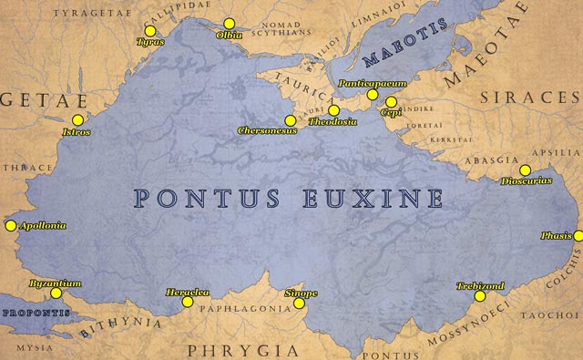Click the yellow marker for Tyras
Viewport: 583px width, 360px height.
pos(150,31)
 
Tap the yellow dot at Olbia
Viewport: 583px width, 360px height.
pos(229,23)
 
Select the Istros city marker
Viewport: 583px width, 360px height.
pos(77,120)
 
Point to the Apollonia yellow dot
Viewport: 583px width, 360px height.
pos(11,225)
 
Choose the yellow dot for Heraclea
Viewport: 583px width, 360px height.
pos(188,302)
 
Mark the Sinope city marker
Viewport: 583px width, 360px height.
pos(299,303)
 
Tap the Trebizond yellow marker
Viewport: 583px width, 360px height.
pos(480,296)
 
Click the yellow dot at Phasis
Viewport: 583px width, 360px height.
pos(578,235)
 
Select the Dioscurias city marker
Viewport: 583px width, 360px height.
pos(525,170)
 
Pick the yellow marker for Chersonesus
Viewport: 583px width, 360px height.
pos(290,119)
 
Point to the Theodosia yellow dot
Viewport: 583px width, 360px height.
pos(334,110)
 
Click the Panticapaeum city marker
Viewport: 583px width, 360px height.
pos(372,94)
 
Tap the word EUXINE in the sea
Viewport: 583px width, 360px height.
pos(370,198)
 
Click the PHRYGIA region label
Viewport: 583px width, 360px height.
pos(243,349)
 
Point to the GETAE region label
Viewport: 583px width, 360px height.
pos(31,98)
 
